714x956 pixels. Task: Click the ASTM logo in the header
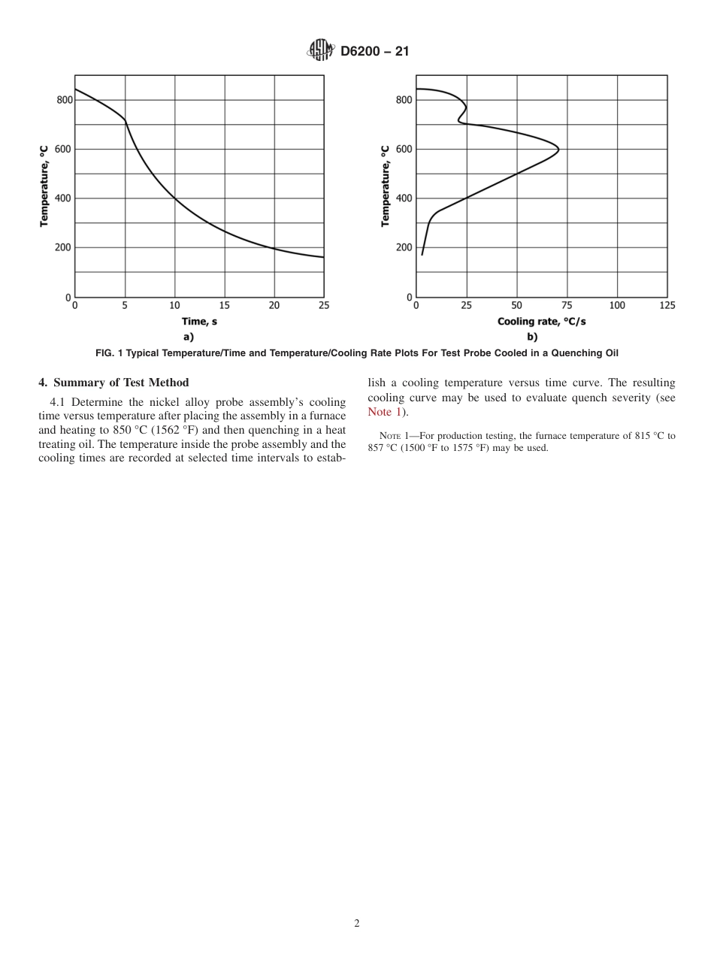tap(320, 51)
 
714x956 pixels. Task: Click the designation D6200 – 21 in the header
tap(374, 52)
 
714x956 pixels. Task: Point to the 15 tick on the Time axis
tap(225, 305)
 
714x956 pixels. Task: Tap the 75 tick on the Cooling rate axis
tap(567, 305)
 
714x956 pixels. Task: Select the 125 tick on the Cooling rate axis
tap(667, 305)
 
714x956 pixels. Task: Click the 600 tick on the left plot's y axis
tap(64, 149)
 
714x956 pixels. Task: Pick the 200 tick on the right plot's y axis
tap(404, 247)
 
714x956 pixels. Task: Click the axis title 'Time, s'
tap(199, 322)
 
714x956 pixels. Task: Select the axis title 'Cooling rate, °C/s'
tap(541, 322)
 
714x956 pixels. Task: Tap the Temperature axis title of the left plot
tap(44, 186)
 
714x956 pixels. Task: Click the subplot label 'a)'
tap(189, 337)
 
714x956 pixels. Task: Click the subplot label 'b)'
tap(532, 337)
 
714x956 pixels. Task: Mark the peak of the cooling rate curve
tap(558, 149)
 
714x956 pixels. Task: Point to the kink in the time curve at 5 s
tap(125, 120)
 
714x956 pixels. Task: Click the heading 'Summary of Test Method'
tap(121, 383)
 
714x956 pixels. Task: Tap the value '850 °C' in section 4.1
tap(134, 430)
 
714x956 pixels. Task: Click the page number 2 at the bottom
tap(357, 924)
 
